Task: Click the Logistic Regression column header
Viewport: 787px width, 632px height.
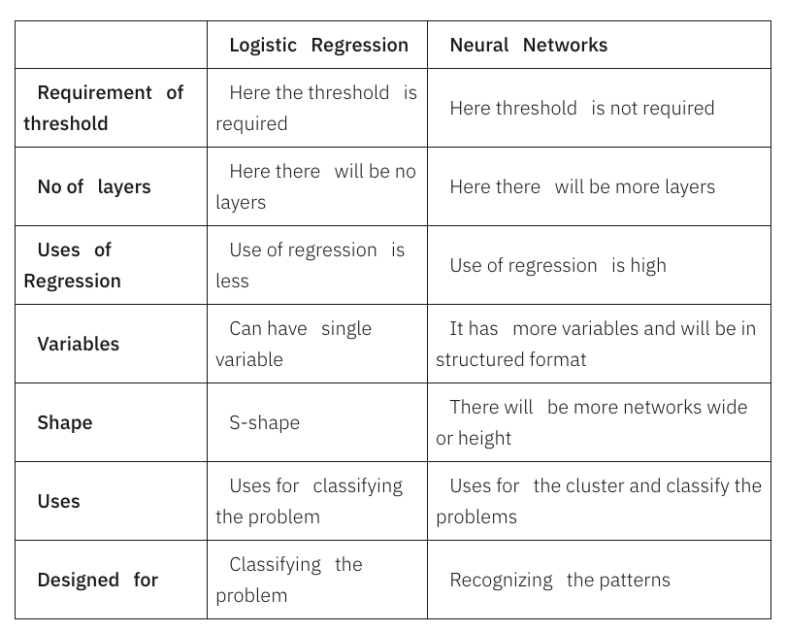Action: pyautogui.click(x=318, y=45)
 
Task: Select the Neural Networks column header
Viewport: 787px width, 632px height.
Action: pyautogui.click(x=528, y=45)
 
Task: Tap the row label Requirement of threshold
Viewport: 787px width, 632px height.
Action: pyautogui.click(x=104, y=108)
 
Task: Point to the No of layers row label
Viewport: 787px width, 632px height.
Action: pyautogui.click(x=94, y=186)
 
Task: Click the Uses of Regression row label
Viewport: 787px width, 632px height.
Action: pyautogui.click(x=74, y=265)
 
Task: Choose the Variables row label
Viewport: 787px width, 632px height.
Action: pyautogui.click(x=78, y=344)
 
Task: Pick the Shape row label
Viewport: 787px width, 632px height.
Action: pyautogui.click(x=65, y=422)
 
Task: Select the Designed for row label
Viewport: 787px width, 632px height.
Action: pyautogui.click(x=97, y=580)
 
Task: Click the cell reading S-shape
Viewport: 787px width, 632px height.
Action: pyautogui.click(x=264, y=422)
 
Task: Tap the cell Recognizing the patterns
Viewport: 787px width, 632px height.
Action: pyautogui.click(x=560, y=580)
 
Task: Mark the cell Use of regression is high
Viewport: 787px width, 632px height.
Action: pyautogui.click(x=558, y=265)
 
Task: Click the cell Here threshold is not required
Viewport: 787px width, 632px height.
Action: pyautogui.click(x=581, y=108)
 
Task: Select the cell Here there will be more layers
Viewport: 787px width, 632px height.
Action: pyautogui.click(x=582, y=186)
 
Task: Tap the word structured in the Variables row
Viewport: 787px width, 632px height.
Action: pyautogui.click(x=471, y=359)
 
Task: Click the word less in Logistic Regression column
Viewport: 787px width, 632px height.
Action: pyautogui.click(x=233, y=281)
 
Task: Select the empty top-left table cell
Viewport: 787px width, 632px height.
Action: pyautogui.click(x=111, y=45)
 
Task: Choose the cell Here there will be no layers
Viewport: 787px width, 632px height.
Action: pyautogui.click(x=316, y=186)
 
